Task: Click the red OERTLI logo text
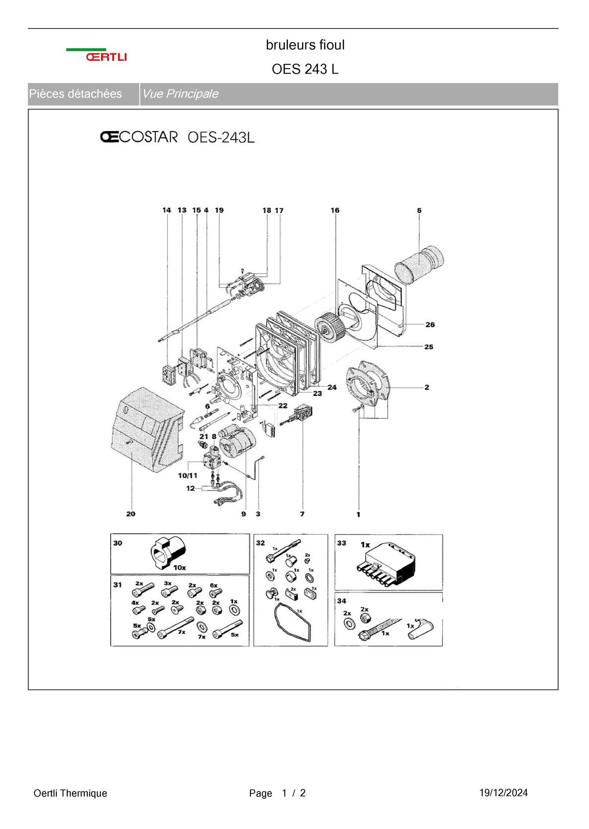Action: click(106, 57)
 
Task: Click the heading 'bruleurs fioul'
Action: click(305, 45)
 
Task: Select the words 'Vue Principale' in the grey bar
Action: click(180, 94)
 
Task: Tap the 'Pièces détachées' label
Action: click(76, 94)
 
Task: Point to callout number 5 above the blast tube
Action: click(419, 210)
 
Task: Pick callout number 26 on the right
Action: click(430, 324)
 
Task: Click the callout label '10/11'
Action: click(188, 475)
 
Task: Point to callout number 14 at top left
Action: click(167, 210)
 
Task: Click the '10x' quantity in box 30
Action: click(180, 568)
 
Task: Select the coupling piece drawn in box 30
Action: click(167, 553)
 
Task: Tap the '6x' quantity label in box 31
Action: click(213, 586)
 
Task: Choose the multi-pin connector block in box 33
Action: click(388, 561)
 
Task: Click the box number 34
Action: click(342, 601)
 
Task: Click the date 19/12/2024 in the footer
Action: click(503, 793)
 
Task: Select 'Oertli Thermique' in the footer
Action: click(70, 793)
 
